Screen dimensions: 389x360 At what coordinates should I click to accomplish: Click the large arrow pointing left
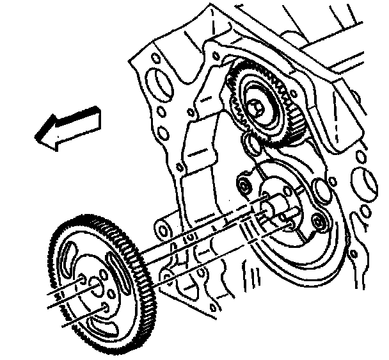(x=67, y=127)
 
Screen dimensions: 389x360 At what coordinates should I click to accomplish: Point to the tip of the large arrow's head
(x=37, y=136)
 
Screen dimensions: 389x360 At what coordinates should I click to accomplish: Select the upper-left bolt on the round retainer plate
(x=243, y=186)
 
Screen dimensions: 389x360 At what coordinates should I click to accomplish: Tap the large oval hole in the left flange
(x=154, y=84)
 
